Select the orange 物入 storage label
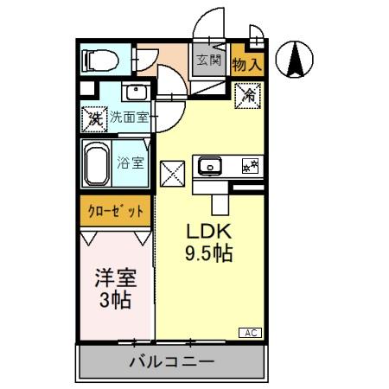(x=247, y=62)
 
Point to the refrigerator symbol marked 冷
(x=246, y=93)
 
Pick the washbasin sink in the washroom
(x=135, y=92)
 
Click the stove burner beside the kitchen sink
(x=252, y=166)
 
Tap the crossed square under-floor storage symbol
(x=173, y=173)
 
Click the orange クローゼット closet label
(x=116, y=210)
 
